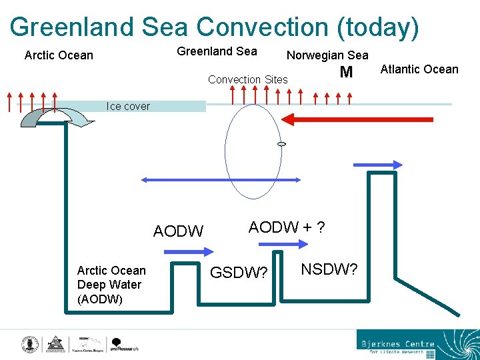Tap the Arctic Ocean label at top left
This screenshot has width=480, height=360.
tap(59, 55)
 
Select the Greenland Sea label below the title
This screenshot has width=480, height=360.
tap(217, 51)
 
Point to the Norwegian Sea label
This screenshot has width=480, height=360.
tap(327, 55)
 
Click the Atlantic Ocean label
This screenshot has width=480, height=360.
tap(419, 69)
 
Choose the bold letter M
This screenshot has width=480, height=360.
tap(345, 73)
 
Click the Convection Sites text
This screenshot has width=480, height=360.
tap(248, 79)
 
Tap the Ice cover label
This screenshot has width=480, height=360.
tap(128, 106)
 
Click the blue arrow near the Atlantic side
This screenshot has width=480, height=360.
tap(378, 165)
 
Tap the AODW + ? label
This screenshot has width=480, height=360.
tap(287, 227)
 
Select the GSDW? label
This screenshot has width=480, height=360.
tap(239, 273)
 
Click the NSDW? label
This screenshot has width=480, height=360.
tap(329, 269)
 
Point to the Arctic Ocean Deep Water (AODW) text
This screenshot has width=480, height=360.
tap(111, 285)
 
